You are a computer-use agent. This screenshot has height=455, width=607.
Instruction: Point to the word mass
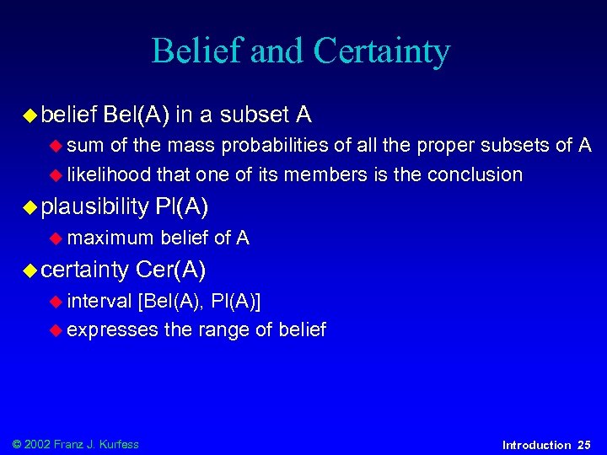coord(190,146)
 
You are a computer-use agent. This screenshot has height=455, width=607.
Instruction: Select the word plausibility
coord(94,206)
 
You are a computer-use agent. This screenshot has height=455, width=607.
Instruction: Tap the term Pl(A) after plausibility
coord(181,206)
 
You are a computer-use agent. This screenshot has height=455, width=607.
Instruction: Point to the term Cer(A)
coord(170,270)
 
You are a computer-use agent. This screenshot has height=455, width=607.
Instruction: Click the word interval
coord(99,301)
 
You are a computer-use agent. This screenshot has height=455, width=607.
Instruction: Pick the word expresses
coord(112,329)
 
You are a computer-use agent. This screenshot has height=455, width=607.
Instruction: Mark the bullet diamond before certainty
coord(31,270)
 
